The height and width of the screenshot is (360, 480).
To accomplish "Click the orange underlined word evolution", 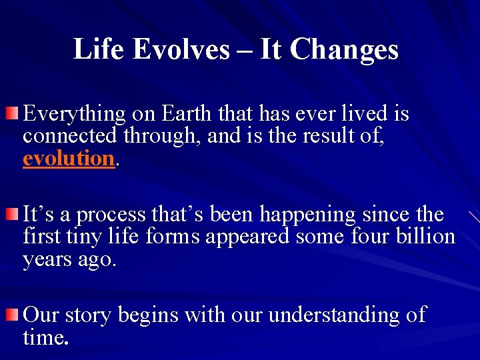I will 69,159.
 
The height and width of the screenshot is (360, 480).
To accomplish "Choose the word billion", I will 425,237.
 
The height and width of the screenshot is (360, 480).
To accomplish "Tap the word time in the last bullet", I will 43,337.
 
